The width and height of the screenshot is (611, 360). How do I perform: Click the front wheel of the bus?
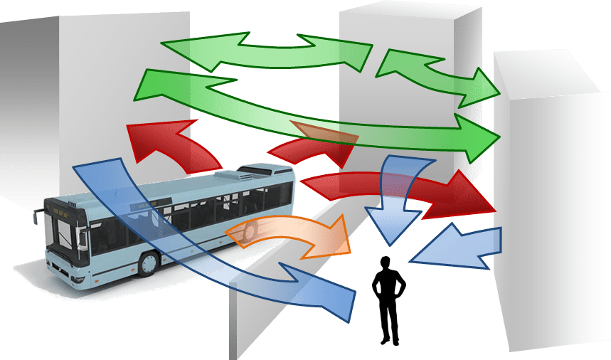coord(148,263)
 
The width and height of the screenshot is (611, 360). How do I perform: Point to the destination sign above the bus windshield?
coord(58,209)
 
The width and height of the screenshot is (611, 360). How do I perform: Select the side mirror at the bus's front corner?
coord(35,216)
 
